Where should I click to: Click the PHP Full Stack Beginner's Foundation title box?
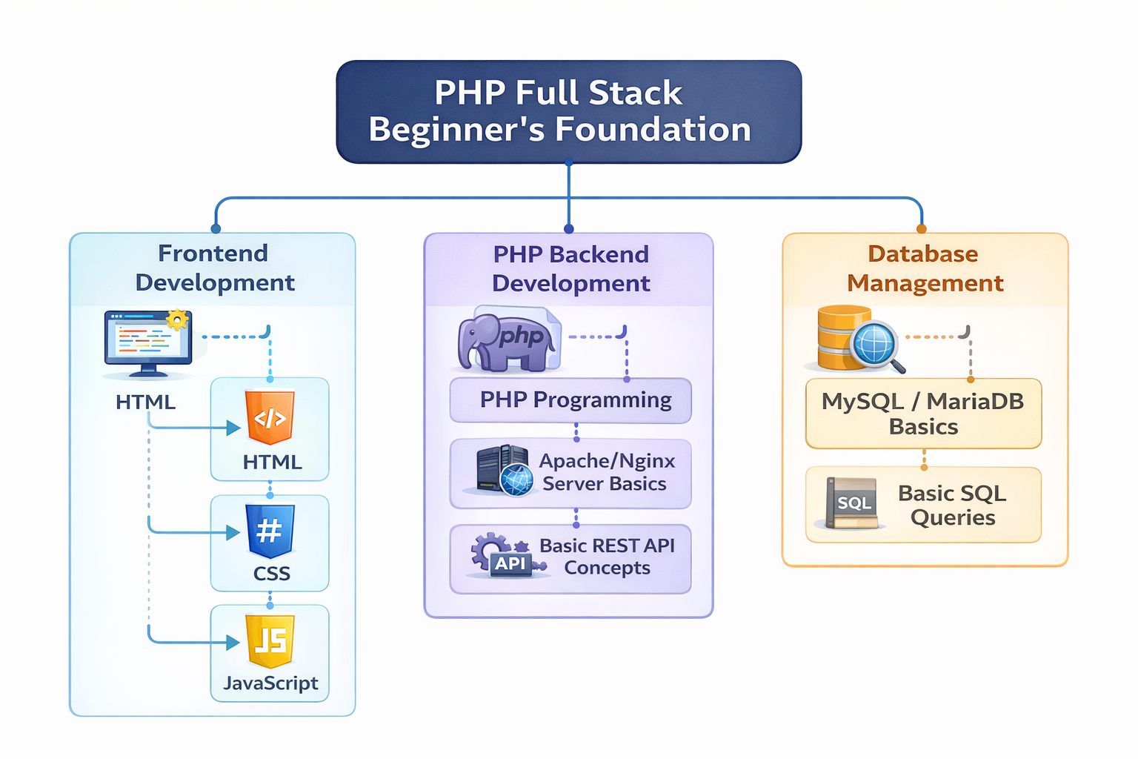tap(568, 111)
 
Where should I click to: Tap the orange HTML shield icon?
tap(270, 417)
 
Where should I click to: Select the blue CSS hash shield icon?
tap(270, 531)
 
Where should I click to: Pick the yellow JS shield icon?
tap(270, 640)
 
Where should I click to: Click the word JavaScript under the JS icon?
tap(270, 683)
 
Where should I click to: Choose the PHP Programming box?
tap(570, 400)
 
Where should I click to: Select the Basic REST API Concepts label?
tap(607, 557)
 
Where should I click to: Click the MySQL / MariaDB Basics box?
tap(923, 414)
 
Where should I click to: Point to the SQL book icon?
tap(853, 503)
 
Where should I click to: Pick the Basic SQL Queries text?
tap(953, 505)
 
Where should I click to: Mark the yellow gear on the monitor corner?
tap(177, 319)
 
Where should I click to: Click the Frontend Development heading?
tap(214, 268)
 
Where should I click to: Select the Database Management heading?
tap(925, 268)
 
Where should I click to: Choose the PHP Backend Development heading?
tap(570, 268)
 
